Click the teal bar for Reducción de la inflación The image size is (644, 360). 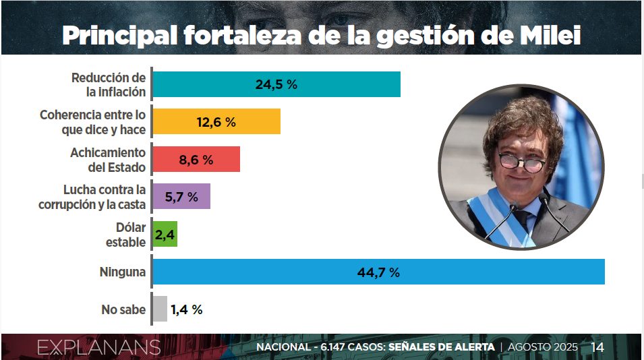coord(276,84)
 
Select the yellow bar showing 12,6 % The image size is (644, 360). coord(216,122)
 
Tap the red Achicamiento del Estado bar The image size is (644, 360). coord(196,160)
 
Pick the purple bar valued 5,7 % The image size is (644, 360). coord(181,197)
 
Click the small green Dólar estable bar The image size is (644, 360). coord(165,233)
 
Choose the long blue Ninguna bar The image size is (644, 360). coord(378,272)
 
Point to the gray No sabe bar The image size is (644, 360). coord(159,309)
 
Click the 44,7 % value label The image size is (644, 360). coord(378,272)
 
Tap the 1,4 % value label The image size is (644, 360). coord(187,309)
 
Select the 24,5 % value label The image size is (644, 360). coord(276,85)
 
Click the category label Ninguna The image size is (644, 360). coord(123,272)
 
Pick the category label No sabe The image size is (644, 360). coord(123,309)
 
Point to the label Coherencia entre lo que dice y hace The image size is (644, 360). coord(92,122)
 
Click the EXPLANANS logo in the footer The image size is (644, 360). coord(98,347)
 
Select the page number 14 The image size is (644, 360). coord(597,347)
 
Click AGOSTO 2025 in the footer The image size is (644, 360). coord(542,347)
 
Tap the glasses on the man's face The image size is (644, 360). coord(521,162)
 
